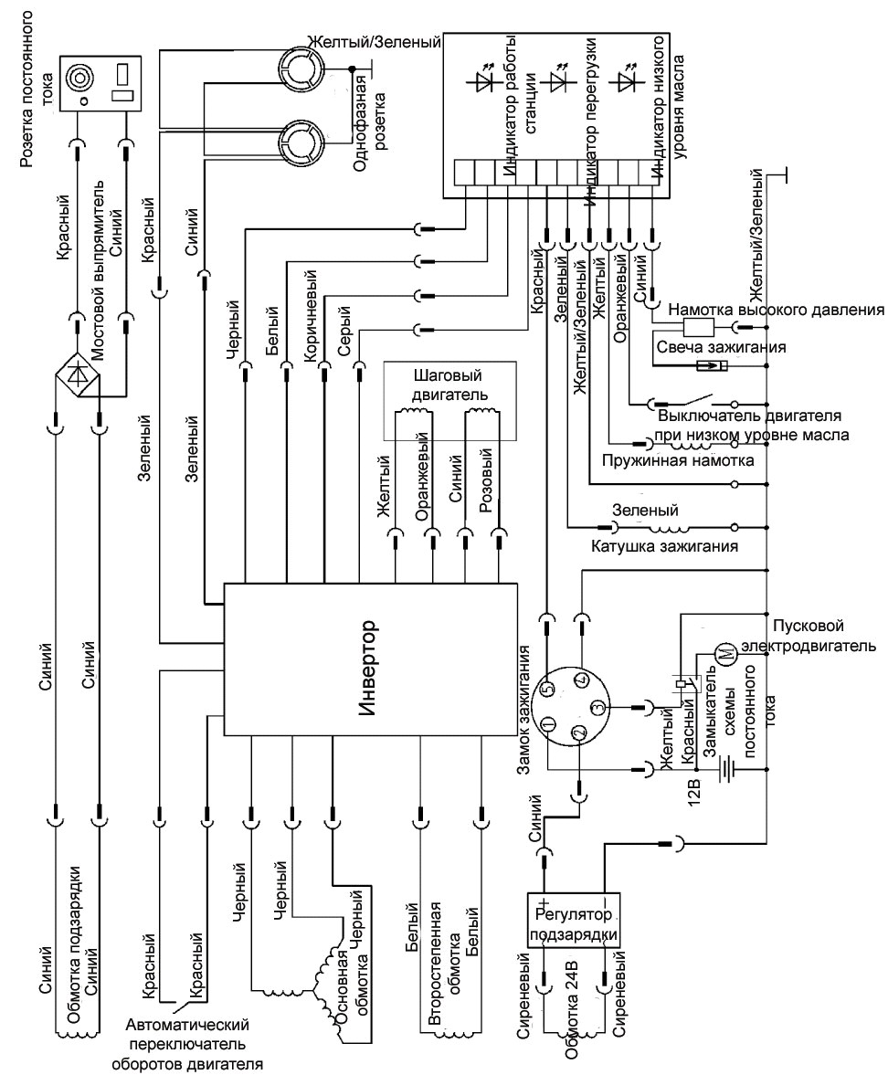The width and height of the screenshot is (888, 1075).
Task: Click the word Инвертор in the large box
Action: point(368,669)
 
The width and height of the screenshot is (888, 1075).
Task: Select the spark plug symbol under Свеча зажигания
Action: point(711,366)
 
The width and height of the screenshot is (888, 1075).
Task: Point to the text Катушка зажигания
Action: point(664,547)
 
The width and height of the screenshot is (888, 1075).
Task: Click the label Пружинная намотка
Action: point(678,460)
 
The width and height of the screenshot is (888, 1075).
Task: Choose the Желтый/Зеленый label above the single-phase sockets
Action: point(373,42)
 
